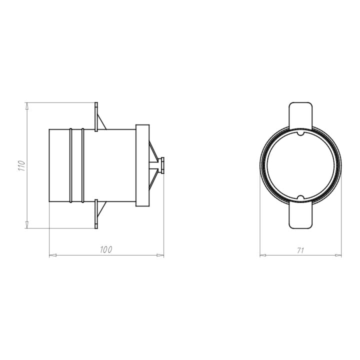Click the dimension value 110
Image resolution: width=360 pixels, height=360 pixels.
click(21, 165)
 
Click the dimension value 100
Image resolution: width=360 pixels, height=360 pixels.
click(106, 250)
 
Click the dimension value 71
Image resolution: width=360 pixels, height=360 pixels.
click(300, 250)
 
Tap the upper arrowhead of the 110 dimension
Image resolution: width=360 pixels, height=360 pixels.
click(27, 106)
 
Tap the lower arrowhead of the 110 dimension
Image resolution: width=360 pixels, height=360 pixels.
click(27, 225)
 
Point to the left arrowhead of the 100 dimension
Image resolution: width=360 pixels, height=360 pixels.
click(53, 255)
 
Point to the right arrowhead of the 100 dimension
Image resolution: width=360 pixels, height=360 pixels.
click(160, 255)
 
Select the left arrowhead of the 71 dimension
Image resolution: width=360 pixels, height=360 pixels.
click(263, 255)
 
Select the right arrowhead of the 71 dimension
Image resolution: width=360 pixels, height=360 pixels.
click(338, 255)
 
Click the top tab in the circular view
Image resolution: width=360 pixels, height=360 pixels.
click(300, 115)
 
